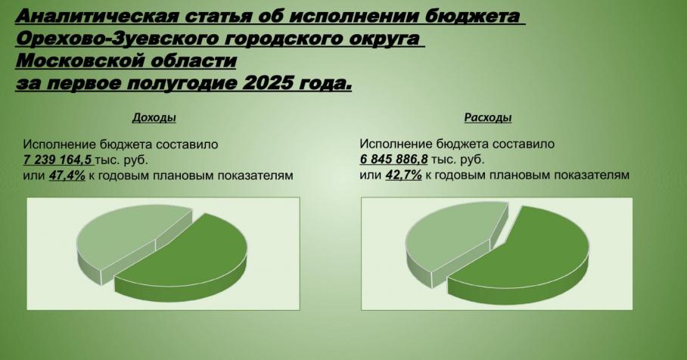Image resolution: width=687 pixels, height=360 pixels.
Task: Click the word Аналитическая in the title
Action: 98,16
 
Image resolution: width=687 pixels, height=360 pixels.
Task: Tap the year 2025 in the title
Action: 267,82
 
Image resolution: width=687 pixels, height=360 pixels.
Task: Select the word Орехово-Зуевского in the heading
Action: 119,39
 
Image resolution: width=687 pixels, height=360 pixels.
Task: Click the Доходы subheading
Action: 154,117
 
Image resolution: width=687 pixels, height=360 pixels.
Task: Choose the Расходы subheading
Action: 488,117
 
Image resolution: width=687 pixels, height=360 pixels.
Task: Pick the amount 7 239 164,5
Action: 57,160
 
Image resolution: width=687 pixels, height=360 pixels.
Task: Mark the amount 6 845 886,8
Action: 393,160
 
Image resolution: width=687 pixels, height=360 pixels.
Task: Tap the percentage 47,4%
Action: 67,175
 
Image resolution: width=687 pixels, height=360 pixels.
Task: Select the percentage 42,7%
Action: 403,175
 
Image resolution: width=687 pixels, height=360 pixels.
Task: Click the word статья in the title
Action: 218,16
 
